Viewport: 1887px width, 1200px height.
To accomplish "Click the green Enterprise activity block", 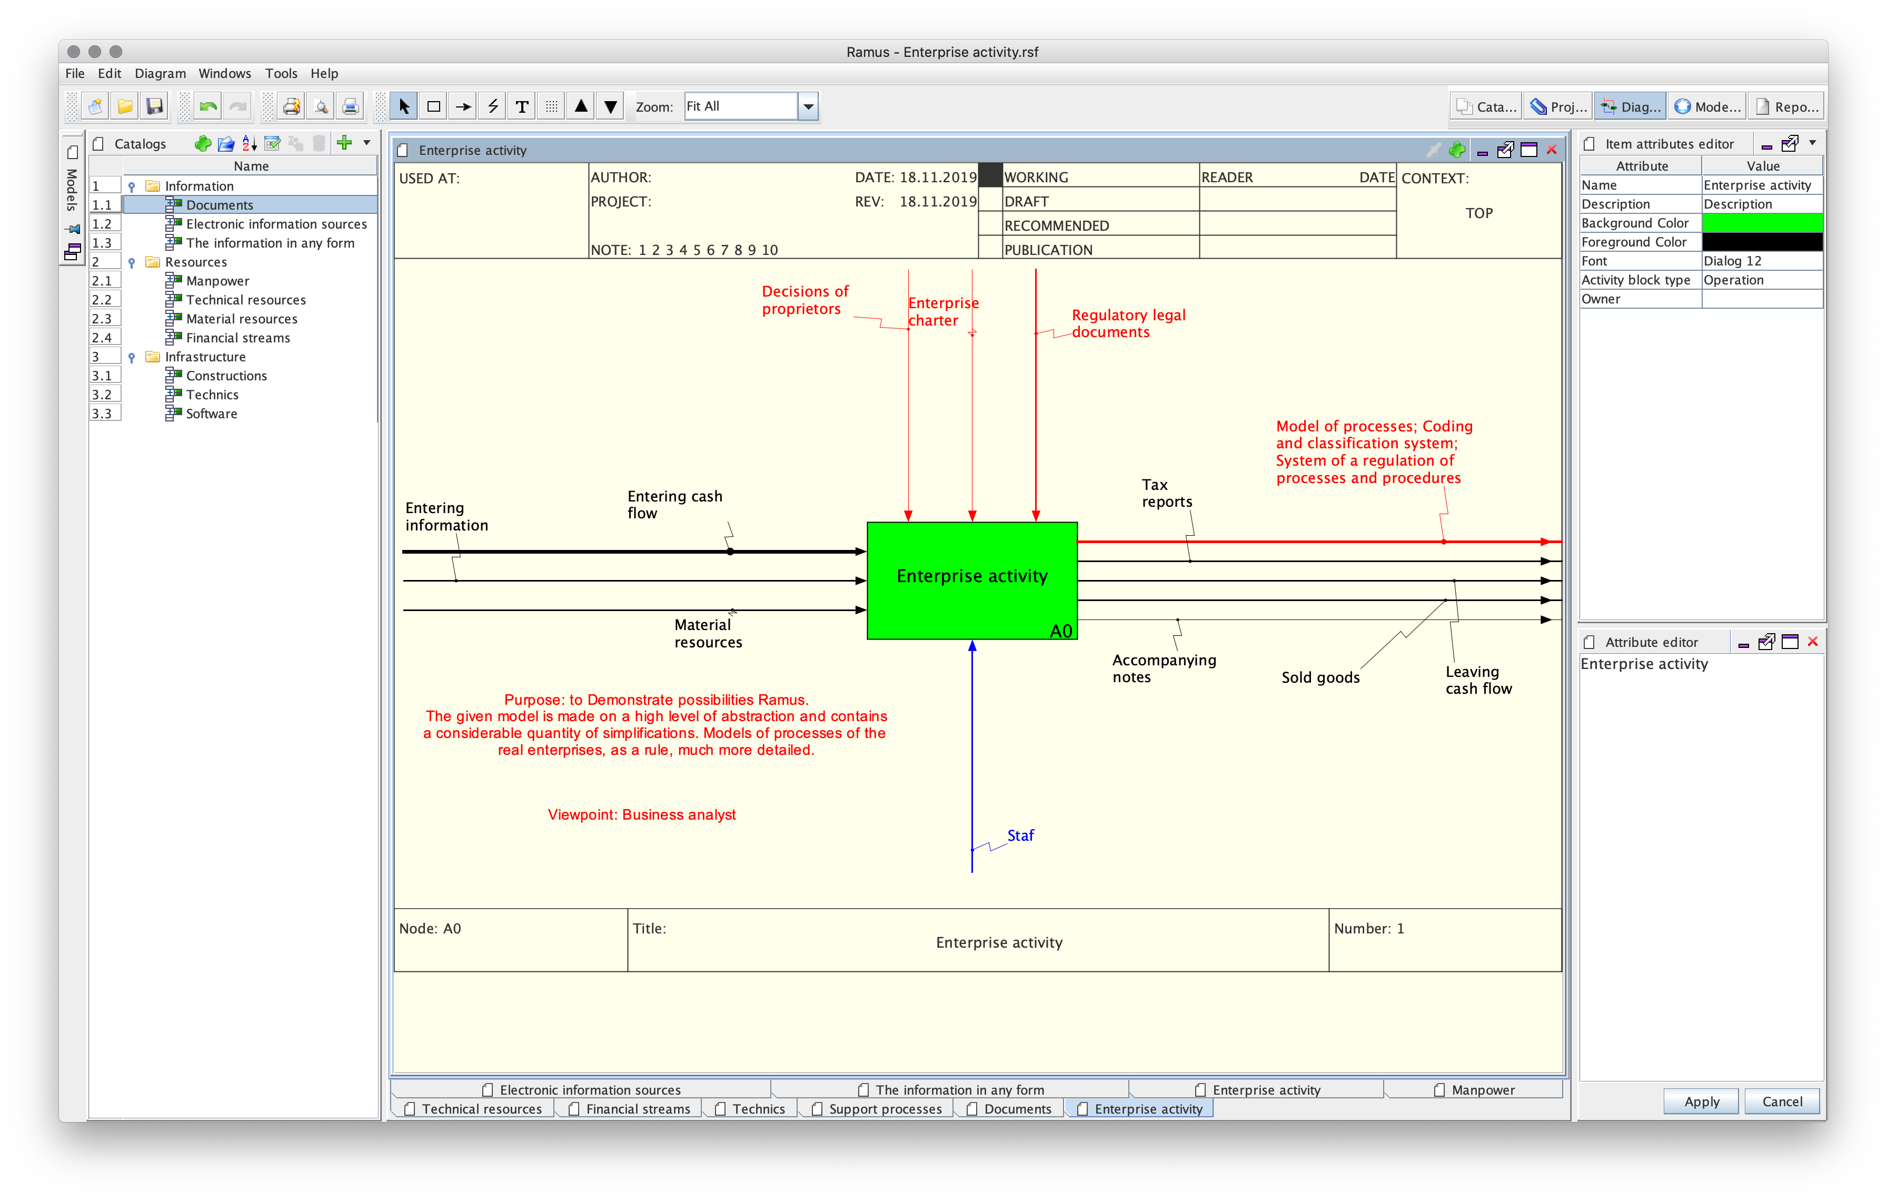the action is (972, 580).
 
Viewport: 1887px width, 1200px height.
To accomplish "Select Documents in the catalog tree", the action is (220, 204).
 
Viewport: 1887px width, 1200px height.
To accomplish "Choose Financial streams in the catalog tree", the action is (238, 338).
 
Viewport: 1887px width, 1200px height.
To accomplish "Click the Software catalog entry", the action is (212, 414).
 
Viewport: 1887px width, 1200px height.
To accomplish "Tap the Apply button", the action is (1701, 1101).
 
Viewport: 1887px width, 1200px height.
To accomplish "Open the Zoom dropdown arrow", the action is (808, 106).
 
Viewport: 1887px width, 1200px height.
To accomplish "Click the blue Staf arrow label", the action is (1020, 835).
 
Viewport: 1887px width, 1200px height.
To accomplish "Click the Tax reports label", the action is (1167, 493).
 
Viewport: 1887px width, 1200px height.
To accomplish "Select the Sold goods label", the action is (1320, 677).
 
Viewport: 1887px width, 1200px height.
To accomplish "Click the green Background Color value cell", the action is (1762, 223).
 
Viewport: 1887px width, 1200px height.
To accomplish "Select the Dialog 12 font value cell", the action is (1762, 261).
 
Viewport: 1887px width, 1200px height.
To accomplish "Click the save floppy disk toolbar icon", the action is (155, 106).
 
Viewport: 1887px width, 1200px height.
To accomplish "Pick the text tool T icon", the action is (522, 106).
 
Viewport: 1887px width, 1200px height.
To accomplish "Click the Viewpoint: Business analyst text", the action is (642, 814).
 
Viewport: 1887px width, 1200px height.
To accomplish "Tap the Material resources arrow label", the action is (708, 633).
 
